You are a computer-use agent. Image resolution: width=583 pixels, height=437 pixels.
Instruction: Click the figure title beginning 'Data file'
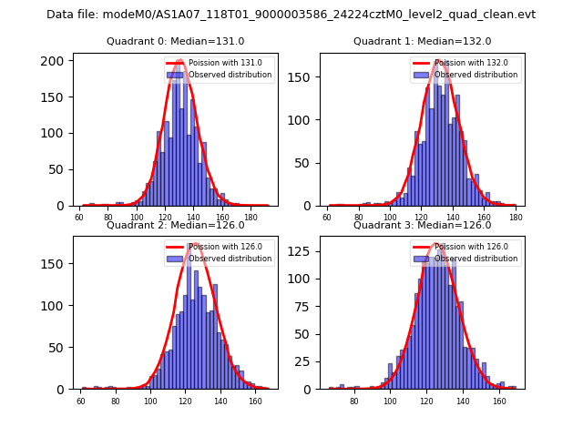(x=291, y=15)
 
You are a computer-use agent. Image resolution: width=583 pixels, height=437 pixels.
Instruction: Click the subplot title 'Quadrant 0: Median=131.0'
(x=175, y=41)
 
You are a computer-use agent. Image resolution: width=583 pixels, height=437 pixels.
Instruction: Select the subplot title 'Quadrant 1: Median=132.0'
(x=422, y=41)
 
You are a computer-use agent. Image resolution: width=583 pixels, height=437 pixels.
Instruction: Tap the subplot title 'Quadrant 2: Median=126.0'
(x=175, y=225)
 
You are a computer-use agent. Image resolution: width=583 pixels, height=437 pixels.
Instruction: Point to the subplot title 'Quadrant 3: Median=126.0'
(x=422, y=225)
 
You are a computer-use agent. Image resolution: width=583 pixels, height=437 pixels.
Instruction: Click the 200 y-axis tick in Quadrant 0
(x=57, y=61)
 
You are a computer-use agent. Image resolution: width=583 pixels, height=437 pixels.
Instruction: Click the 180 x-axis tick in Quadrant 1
(x=517, y=218)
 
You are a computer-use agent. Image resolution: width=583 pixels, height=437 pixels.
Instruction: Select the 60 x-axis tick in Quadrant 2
(x=81, y=401)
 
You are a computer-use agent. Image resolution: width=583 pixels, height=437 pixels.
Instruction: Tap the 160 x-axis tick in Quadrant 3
(x=499, y=401)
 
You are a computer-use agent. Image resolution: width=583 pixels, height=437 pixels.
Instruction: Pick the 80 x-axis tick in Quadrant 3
(x=353, y=401)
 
